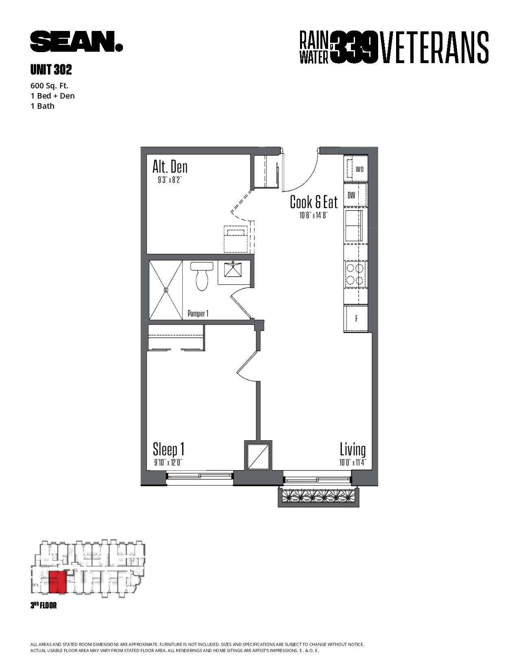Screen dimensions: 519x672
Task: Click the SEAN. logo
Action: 77,41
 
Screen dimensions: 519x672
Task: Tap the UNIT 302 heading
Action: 51,70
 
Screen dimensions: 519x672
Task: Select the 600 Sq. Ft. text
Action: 49,86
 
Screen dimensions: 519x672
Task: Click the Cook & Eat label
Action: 314,202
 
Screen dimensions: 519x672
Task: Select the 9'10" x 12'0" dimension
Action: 168,463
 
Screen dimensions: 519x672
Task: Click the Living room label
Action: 353,450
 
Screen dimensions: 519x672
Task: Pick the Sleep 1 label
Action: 169,450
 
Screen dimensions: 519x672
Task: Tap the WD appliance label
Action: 359,169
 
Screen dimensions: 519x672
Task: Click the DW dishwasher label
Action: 351,195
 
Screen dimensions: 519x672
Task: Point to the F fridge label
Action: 357,319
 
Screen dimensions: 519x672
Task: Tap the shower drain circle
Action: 166,290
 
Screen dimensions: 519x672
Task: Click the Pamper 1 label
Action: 198,314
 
